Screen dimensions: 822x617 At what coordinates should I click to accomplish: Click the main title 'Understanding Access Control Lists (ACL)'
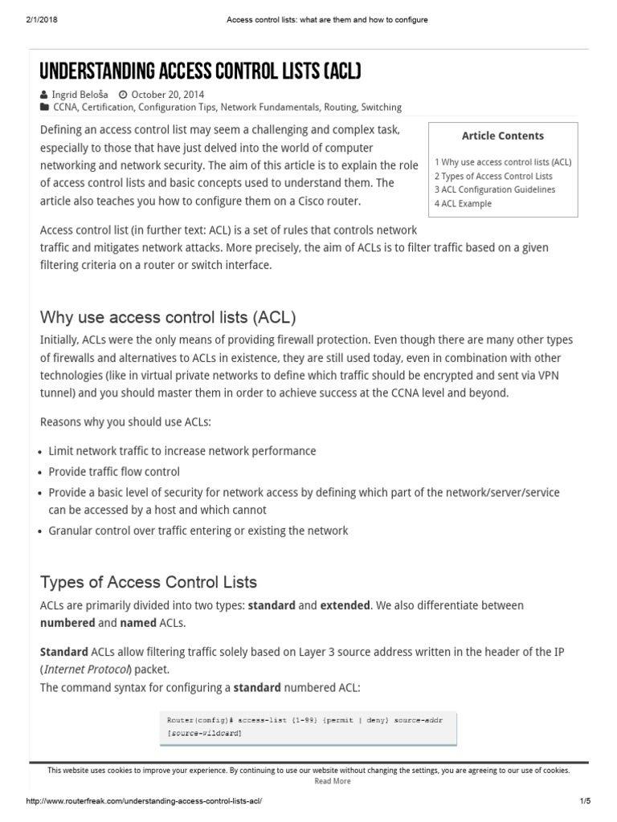click(200, 72)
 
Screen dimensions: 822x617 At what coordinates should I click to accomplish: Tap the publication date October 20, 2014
click(165, 93)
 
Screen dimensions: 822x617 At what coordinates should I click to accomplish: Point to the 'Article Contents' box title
click(502, 136)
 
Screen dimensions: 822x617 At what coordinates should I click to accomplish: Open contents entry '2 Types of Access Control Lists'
click(493, 176)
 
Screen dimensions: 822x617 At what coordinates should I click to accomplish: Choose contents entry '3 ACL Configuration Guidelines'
click(495, 189)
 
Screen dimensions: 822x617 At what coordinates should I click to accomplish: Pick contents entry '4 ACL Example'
click(464, 203)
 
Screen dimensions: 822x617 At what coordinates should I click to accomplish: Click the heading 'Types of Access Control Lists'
click(149, 581)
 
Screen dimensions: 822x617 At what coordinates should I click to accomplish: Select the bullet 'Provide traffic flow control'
click(114, 472)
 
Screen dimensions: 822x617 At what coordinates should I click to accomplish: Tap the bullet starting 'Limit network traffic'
click(182, 451)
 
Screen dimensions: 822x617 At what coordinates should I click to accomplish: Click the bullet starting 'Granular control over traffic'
click(198, 531)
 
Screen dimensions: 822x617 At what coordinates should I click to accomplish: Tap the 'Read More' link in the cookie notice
click(332, 780)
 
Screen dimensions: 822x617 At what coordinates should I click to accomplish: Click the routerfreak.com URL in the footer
click(145, 802)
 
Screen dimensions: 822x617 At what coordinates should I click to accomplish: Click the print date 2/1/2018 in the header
click(30, 19)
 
